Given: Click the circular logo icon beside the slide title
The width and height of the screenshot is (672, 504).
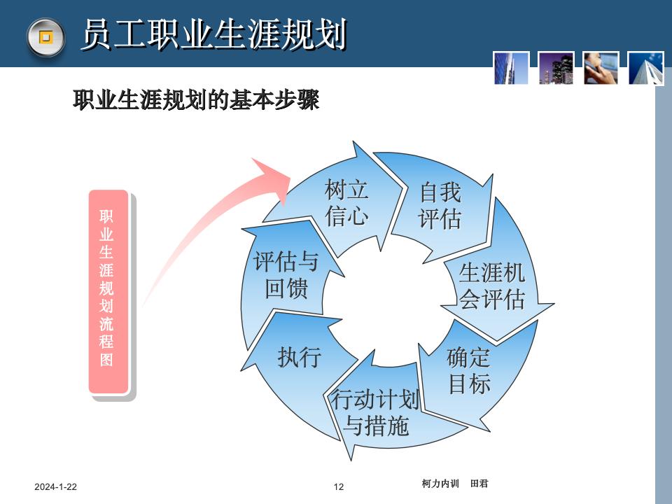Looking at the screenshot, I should [45, 36].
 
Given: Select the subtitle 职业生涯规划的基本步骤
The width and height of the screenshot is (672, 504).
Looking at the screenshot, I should [196, 101].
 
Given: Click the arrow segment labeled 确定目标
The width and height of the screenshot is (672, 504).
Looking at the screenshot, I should [468, 371].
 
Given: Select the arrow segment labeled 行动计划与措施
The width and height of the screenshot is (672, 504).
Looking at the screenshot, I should [377, 413].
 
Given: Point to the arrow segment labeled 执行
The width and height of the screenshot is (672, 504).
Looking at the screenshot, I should [299, 357].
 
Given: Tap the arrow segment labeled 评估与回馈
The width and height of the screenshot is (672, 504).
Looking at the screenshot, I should [286, 275].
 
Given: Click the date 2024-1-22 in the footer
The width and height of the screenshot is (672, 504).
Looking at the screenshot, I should [56, 486].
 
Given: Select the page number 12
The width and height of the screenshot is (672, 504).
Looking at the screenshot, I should [339, 486].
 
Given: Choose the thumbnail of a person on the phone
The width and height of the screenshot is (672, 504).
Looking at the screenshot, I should [601, 68].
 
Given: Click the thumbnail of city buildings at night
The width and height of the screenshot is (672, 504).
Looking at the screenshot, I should [556, 68].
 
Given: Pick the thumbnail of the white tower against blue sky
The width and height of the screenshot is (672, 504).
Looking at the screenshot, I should [645, 68].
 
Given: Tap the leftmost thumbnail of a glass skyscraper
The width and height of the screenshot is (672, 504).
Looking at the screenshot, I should [511, 68].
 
